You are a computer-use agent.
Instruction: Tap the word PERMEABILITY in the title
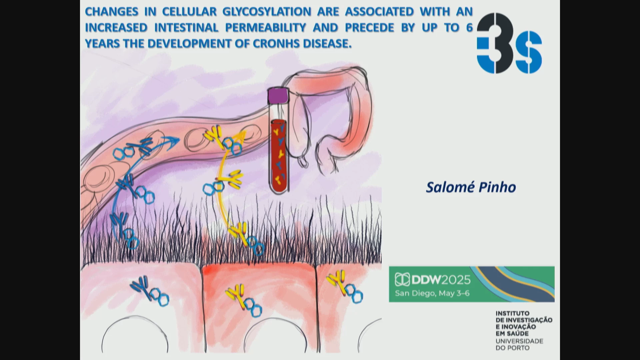pyautogui.click(x=266, y=28)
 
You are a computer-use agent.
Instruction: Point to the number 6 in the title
pyautogui.click(x=469, y=28)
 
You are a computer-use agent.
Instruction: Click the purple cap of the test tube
pyautogui.click(x=278, y=95)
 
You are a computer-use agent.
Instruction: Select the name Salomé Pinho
pyautogui.click(x=471, y=187)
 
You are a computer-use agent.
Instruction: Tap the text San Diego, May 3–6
pyautogui.click(x=432, y=293)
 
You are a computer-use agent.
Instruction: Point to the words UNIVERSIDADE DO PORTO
pyautogui.click(x=519, y=344)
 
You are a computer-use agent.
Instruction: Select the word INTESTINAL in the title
pyautogui.click(x=186, y=28)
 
